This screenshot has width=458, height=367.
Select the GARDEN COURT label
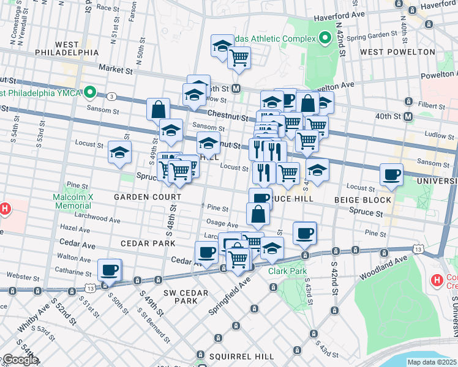click(x=147, y=197)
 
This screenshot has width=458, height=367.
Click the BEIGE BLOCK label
click(x=362, y=200)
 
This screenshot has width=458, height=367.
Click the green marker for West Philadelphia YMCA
click(x=90, y=93)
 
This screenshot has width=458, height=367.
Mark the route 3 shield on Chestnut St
click(x=111, y=97)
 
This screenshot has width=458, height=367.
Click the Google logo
click(x=20, y=359)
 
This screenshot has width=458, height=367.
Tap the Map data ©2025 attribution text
click(x=432, y=362)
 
